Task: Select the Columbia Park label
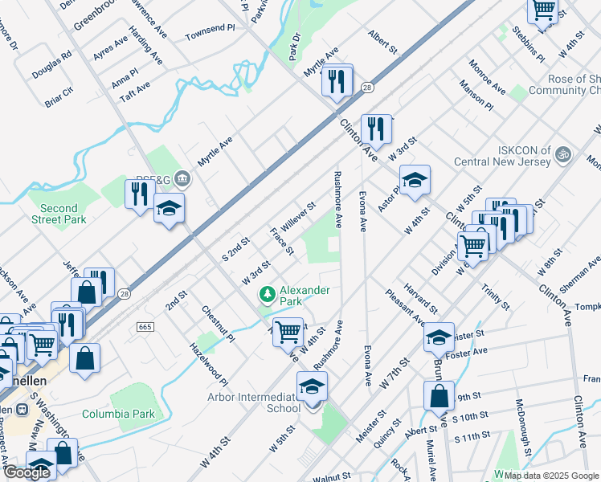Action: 117,415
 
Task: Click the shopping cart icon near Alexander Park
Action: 288,330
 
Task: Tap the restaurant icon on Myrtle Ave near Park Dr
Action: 337,80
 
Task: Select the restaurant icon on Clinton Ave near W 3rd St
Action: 376,129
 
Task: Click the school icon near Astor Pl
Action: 415,182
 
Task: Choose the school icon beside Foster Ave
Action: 439,337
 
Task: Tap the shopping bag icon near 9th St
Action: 439,396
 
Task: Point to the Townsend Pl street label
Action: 209,36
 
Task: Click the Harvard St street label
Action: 421,298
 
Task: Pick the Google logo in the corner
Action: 27,472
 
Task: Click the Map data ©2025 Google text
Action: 550,476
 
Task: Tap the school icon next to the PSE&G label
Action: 169,209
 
